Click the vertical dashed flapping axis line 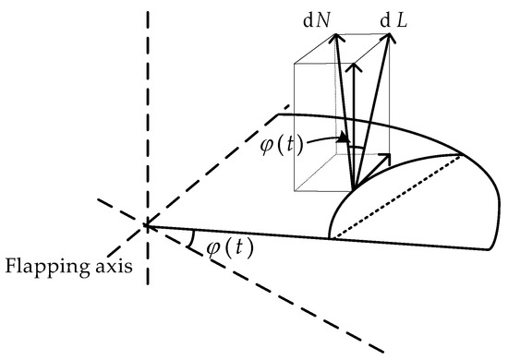click(145, 111)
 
